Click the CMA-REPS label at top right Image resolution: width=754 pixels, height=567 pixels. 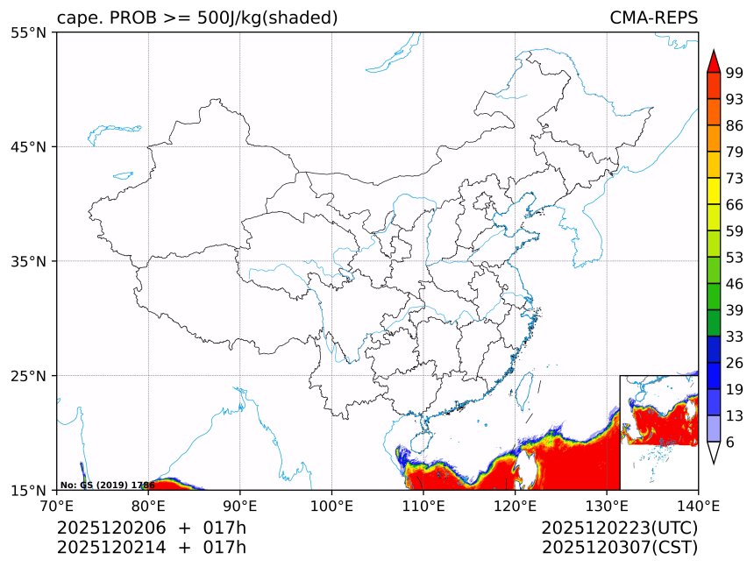pos(653,18)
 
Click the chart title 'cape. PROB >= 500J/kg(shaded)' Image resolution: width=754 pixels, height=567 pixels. pos(197,18)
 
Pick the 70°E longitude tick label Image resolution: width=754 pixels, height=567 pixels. pos(57,506)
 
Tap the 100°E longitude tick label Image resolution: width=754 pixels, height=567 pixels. pos(331,506)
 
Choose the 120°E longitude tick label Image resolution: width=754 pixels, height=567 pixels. pos(515,506)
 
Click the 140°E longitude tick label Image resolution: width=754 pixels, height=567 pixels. pos(698,506)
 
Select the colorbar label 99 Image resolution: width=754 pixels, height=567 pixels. pos(735,72)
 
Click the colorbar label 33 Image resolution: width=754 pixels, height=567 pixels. pos(735,337)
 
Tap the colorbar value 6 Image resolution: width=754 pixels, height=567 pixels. pos(730,443)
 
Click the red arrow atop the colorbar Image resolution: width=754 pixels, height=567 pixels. pos(714,61)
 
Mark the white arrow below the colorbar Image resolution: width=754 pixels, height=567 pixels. pos(714,452)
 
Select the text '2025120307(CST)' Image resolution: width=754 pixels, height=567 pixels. pos(619,548)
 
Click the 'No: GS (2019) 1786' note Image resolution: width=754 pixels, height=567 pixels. pos(107,485)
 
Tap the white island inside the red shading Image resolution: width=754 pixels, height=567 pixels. pos(528,464)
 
